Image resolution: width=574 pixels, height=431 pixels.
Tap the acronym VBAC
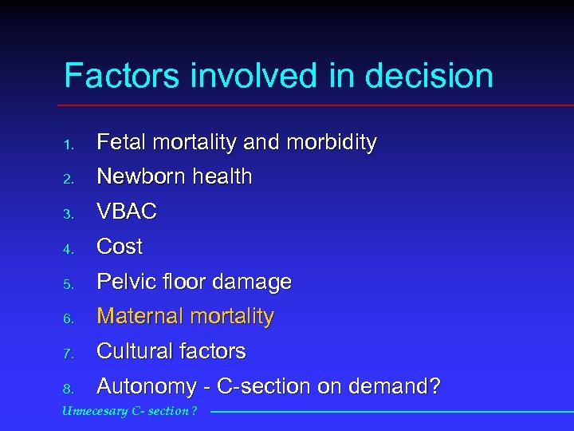(127, 212)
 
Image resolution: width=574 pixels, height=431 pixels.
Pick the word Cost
(120, 247)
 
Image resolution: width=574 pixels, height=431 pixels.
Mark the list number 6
(69, 319)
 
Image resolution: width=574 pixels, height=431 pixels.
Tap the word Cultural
(131, 351)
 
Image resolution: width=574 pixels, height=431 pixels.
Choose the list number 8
(69, 389)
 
